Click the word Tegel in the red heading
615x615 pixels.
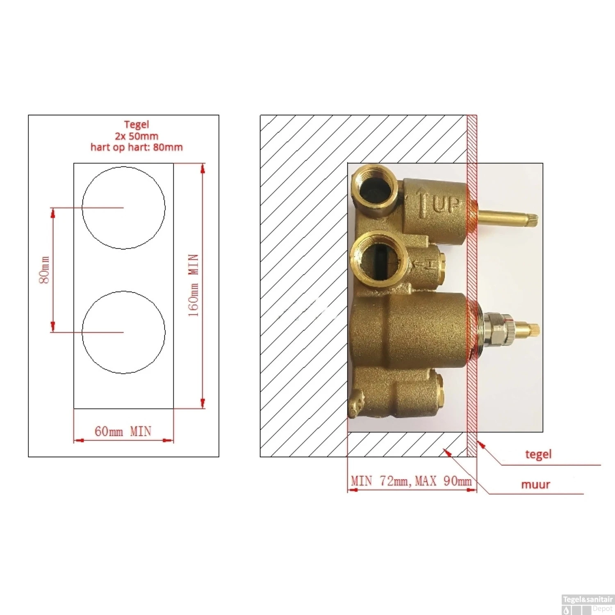[x=137, y=124]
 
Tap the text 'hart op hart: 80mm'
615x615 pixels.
[x=137, y=147]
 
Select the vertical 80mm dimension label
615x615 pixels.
[x=44, y=269]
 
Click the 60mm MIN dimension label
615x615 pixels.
[x=123, y=431]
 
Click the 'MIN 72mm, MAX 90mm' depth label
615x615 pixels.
[x=411, y=481]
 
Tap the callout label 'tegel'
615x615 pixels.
[x=538, y=454]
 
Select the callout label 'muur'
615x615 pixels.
[x=535, y=485]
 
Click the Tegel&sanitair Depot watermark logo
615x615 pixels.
[x=587, y=605]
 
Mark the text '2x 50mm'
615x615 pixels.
[x=137, y=136]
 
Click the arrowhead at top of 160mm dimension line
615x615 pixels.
[x=202, y=168]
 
